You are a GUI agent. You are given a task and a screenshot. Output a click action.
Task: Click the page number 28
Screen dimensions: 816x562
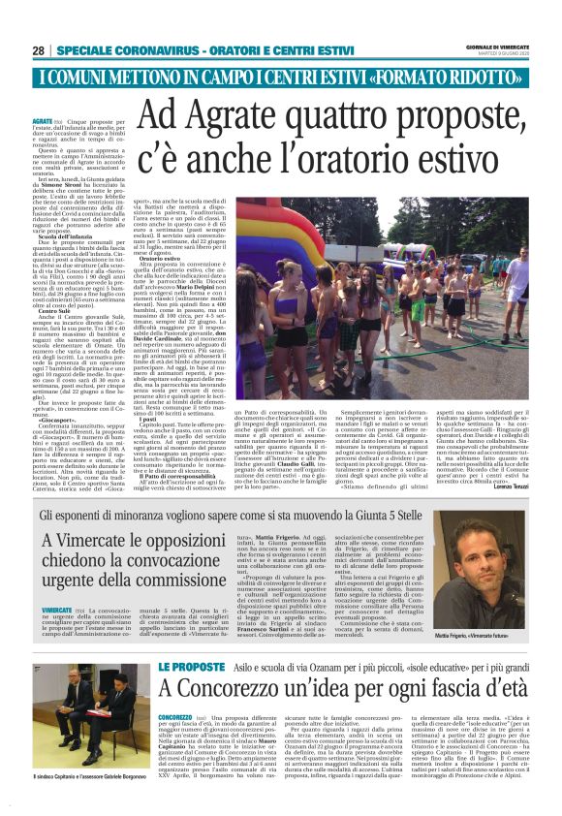[38, 50]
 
